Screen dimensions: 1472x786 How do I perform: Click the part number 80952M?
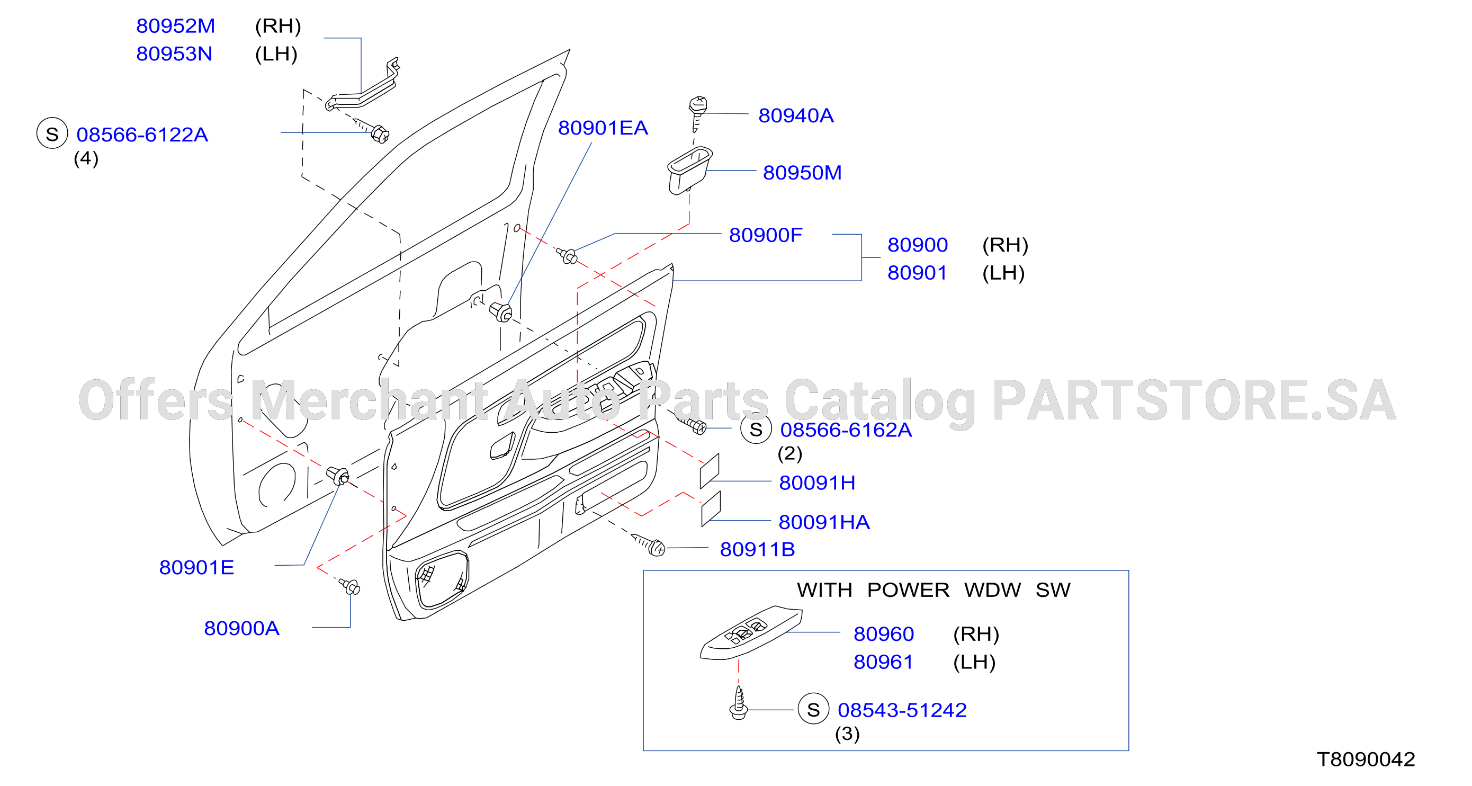coord(175,26)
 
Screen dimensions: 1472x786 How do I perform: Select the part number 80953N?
coord(174,53)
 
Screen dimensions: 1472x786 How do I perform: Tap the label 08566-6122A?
coord(142,135)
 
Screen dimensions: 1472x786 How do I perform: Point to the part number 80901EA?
coord(603,128)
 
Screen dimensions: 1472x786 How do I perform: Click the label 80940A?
coord(796,115)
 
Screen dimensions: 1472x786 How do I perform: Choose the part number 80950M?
coord(802,173)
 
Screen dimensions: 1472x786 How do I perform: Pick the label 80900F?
coord(766,235)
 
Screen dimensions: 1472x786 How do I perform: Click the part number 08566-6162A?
coord(846,430)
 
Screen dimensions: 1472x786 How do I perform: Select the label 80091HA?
coord(824,522)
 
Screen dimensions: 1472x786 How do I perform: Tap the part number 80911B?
coord(757,549)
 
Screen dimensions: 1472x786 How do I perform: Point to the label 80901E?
coord(196,568)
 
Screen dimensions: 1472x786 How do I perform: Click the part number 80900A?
coord(241,628)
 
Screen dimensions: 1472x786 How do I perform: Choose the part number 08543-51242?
coord(902,710)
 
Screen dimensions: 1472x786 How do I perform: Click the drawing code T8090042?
coord(1366,759)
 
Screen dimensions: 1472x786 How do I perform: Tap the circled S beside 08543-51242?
coord(813,709)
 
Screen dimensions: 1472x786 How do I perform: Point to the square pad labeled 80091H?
coord(710,471)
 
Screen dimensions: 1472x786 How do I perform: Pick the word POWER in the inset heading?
coord(908,590)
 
